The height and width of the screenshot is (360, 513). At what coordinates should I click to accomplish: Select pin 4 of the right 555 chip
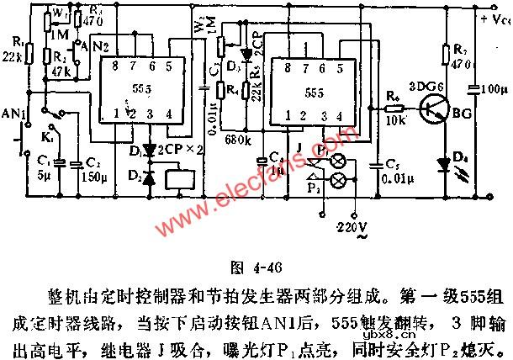340,115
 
